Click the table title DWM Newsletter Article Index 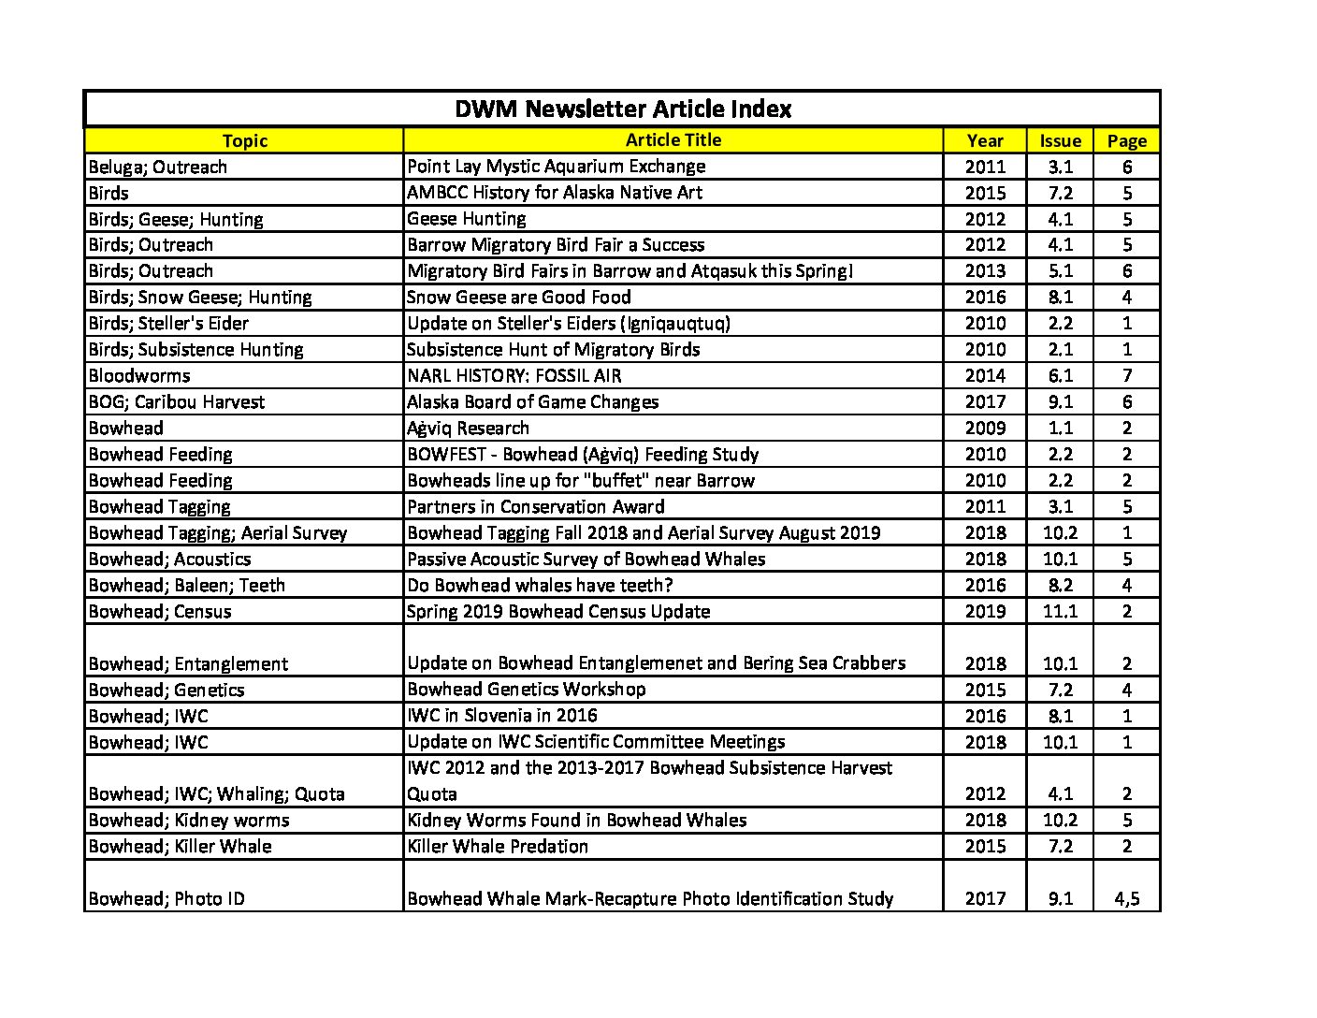click(x=623, y=109)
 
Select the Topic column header click(x=245, y=140)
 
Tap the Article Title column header click(x=673, y=140)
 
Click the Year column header click(x=985, y=140)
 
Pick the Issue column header click(x=1060, y=140)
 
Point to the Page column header click(x=1126, y=140)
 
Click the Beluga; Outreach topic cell click(x=158, y=167)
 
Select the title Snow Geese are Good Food click(x=519, y=298)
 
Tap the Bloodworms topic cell click(x=139, y=376)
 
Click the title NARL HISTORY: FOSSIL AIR click(x=514, y=376)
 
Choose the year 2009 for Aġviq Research click(x=985, y=429)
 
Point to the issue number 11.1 click(x=1060, y=612)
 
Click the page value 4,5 click(x=1126, y=899)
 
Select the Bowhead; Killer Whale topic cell click(x=181, y=847)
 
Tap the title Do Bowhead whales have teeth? click(x=541, y=586)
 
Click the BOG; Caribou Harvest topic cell click(x=177, y=402)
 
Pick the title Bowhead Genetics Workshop click(x=527, y=690)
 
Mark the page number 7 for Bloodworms click(x=1126, y=376)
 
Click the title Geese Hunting click(x=467, y=219)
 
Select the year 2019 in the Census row click(x=985, y=612)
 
